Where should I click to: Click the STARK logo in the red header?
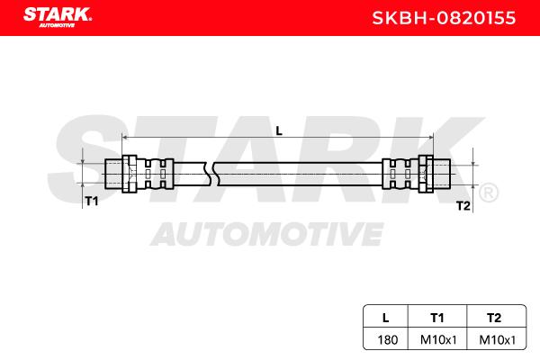[58, 17]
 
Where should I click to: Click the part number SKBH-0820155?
[444, 18]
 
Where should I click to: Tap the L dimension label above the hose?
[279, 130]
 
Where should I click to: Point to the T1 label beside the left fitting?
[92, 201]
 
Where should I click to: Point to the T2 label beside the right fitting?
[463, 206]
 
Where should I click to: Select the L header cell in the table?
[386, 318]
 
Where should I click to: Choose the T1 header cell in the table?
[437, 318]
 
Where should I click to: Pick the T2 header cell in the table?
[494, 318]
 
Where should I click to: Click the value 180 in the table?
[387, 340]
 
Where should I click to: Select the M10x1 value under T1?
[438, 340]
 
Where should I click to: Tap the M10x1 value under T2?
[498, 340]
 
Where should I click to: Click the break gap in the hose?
[211, 174]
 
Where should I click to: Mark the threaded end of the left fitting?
[113, 174]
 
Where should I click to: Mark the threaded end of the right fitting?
[442, 174]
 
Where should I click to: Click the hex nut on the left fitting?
[130, 174]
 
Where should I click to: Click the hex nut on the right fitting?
[426, 174]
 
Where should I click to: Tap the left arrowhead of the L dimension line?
[125, 138]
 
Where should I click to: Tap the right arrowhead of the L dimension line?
[430, 138]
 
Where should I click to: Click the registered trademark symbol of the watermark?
[489, 193]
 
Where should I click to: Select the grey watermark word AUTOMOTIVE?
[267, 234]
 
